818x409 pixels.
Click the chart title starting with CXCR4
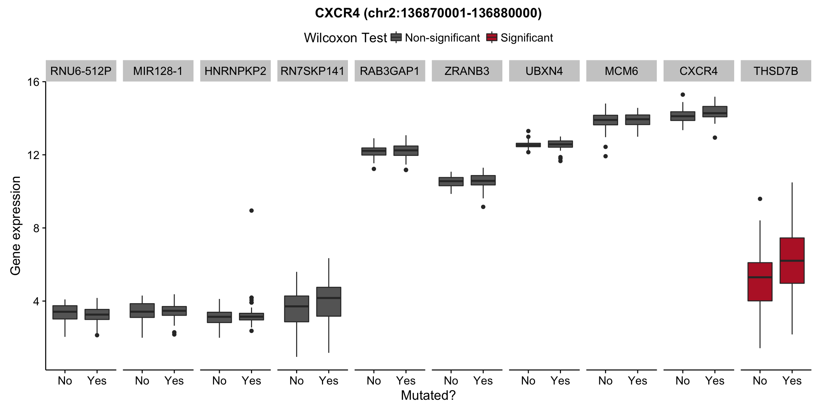click(x=428, y=13)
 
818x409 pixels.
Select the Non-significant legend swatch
click(x=396, y=37)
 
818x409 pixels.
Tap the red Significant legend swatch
click(x=492, y=37)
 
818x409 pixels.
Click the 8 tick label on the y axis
click(x=36, y=228)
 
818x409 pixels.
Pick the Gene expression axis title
click(x=16, y=226)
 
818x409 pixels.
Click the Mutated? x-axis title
click(x=428, y=396)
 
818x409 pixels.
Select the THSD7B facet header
click(x=776, y=71)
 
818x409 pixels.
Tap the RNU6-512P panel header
click(x=81, y=71)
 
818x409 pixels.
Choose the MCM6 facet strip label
click(x=621, y=71)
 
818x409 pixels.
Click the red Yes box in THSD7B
click(x=792, y=260)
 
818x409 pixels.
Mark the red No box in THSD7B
click(x=760, y=282)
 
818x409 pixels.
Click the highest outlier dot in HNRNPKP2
click(x=251, y=211)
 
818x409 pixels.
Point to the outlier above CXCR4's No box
click(x=683, y=94)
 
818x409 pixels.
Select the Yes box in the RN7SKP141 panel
click(x=329, y=301)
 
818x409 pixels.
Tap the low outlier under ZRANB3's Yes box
click(x=483, y=207)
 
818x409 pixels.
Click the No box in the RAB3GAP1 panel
click(x=374, y=151)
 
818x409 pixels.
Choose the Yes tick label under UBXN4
click(x=560, y=381)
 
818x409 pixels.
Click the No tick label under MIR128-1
click(x=142, y=381)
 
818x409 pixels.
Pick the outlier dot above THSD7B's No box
click(x=760, y=199)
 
